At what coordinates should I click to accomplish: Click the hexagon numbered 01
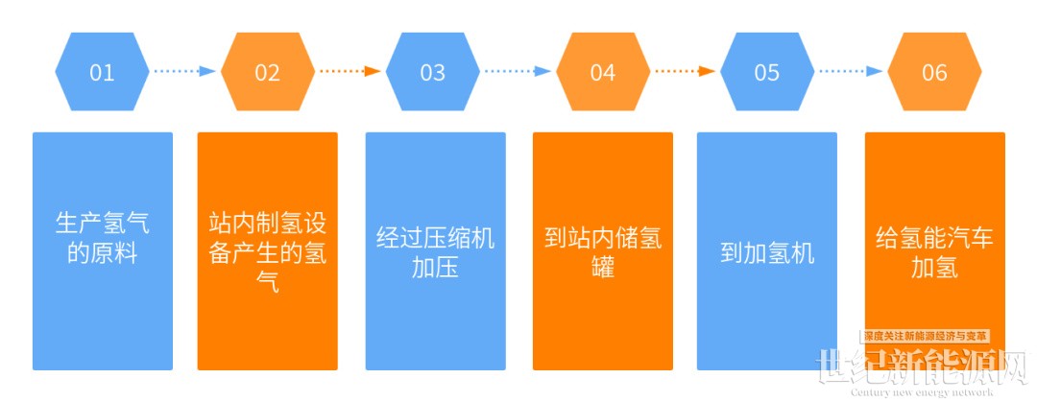(102, 73)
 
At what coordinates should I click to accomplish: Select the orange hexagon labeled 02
(267, 73)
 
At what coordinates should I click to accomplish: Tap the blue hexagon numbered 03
(433, 73)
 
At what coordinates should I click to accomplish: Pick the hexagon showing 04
(602, 73)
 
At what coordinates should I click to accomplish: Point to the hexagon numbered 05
(767, 73)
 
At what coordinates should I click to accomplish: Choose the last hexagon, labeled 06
(933, 73)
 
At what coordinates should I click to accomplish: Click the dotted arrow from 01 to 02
(184, 71)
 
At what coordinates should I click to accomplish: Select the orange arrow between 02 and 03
(350, 71)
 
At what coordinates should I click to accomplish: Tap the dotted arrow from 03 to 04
(518, 71)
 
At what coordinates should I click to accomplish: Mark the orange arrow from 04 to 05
(685, 71)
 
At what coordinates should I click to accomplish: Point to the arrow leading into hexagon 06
(851, 71)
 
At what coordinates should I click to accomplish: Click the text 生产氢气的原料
(103, 239)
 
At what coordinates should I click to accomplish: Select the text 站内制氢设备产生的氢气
(268, 252)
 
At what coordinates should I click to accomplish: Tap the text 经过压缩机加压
(435, 252)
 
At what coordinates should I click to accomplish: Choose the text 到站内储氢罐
(602, 252)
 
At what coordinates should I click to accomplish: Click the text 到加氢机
(767, 253)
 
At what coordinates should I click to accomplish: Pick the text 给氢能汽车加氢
(934, 252)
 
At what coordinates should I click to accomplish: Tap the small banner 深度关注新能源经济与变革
(925, 337)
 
